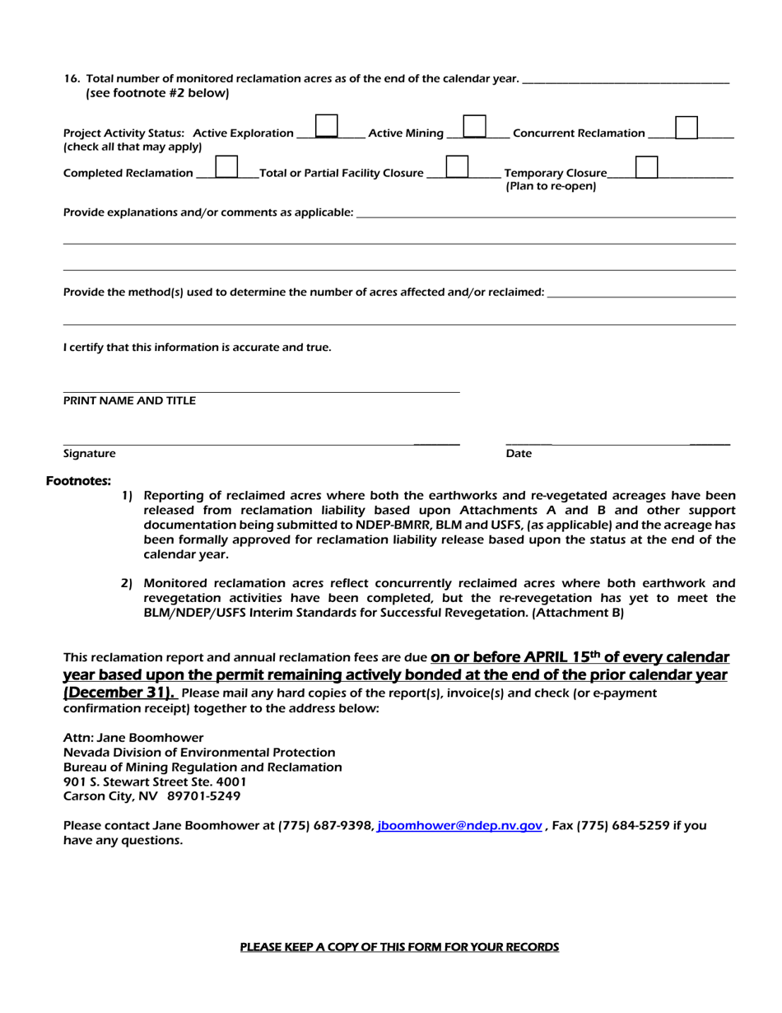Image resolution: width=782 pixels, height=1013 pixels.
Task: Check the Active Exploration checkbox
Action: tap(327, 126)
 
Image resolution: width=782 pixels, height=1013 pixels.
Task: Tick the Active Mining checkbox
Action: tap(474, 126)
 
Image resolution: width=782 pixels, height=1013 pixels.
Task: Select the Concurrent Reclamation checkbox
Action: tap(687, 127)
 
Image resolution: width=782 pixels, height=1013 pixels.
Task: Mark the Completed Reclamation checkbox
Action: tap(226, 167)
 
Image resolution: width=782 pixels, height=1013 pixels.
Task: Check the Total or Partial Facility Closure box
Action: tap(457, 167)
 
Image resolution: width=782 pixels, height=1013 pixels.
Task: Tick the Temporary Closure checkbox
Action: tap(647, 167)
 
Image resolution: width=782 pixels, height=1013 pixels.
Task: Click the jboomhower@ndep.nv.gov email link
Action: tap(459, 825)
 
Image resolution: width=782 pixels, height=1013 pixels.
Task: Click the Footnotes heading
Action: tap(78, 481)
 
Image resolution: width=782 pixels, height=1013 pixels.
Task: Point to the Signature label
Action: tap(90, 454)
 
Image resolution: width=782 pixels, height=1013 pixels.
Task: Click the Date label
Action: tap(519, 454)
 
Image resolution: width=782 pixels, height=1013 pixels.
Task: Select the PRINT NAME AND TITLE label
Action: tap(129, 401)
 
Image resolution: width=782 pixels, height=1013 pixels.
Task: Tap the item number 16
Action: tap(72, 78)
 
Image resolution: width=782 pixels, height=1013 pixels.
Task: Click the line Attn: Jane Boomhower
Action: tap(133, 738)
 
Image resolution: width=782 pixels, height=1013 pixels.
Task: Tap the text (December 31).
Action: tap(119, 692)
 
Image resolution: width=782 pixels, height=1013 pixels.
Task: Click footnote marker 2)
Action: tap(127, 583)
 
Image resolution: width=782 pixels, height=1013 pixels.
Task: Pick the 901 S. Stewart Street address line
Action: tap(155, 782)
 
